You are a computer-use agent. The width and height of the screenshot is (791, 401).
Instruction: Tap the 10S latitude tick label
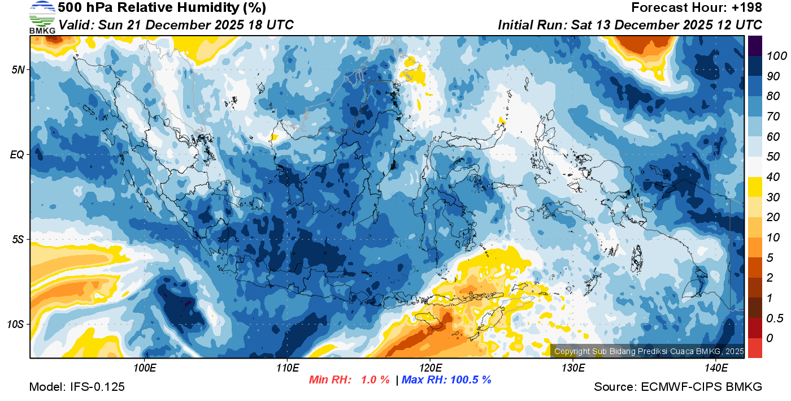point(14,325)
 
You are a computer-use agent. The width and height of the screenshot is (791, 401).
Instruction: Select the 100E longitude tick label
point(145,368)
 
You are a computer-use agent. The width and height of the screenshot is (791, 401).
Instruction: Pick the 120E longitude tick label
point(430,368)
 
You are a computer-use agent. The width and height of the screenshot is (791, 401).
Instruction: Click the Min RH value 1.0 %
point(375,380)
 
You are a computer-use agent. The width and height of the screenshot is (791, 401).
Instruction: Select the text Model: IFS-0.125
point(77,387)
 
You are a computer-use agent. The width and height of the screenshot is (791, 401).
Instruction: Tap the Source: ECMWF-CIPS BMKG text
point(678,387)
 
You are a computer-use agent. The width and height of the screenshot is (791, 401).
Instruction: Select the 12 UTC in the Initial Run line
point(740,25)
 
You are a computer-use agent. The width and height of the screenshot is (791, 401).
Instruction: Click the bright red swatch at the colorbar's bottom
point(755,348)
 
